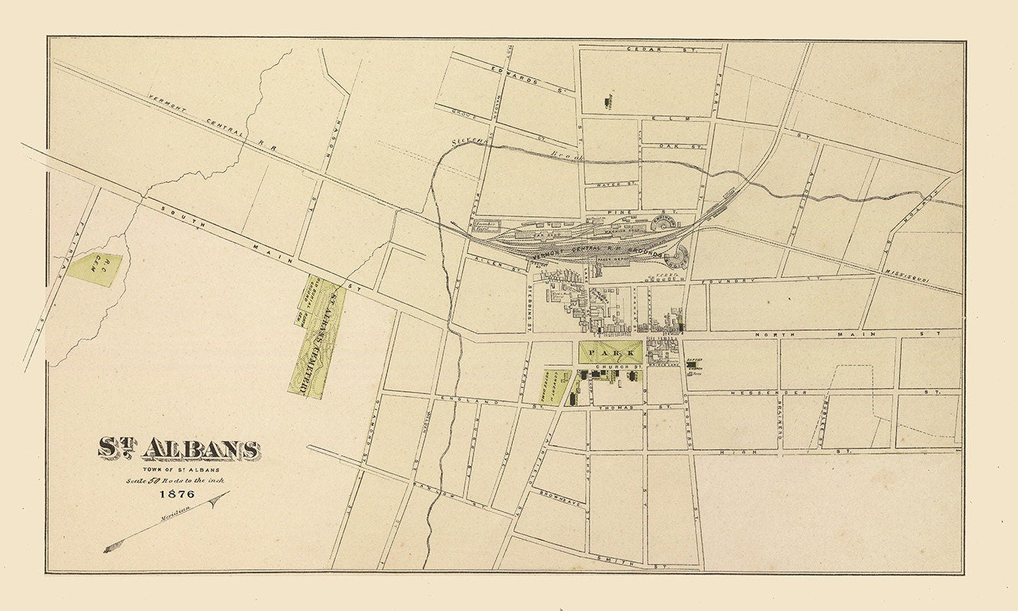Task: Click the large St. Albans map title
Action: pyautogui.click(x=177, y=449)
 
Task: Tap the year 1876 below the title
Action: pyautogui.click(x=176, y=494)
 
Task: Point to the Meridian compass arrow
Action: pyautogui.click(x=166, y=522)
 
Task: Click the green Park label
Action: pyautogui.click(x=610, y=351)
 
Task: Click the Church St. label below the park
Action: pyautogui.click(x=623, y=367)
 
